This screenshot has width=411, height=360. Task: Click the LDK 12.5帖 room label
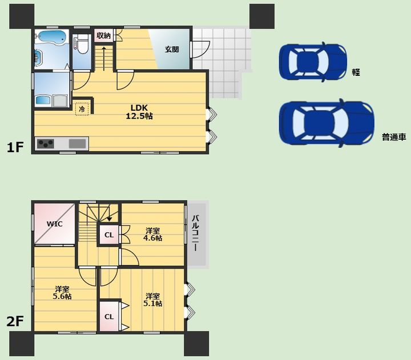[139, 112]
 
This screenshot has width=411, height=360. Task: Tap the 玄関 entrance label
[172, 49]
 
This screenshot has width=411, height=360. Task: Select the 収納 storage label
[103, 35]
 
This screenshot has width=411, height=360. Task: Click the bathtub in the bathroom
[50, 37]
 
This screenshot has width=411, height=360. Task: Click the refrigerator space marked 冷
[82, 109]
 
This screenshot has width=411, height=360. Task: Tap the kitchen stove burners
[46, 144]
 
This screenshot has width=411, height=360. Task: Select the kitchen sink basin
[77, 144]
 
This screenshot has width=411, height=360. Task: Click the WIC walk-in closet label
[55, 224]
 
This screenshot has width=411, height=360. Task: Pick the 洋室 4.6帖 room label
[152, 234]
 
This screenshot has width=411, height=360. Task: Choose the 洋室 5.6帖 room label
[62, 293]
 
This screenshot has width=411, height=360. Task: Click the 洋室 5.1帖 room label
[152, 300]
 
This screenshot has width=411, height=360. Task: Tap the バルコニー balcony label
[195, 233]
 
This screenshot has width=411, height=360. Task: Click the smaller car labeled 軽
[313, 62]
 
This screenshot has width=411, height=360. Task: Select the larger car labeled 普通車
[327, 123]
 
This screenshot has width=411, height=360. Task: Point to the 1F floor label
[15, 147]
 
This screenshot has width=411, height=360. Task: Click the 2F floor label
[15, 321]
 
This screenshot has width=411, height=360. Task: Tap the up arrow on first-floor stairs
[104, 59]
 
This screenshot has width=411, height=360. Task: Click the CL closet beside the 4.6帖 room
[109, 235]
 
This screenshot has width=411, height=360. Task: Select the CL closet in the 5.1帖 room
[109, 317]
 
